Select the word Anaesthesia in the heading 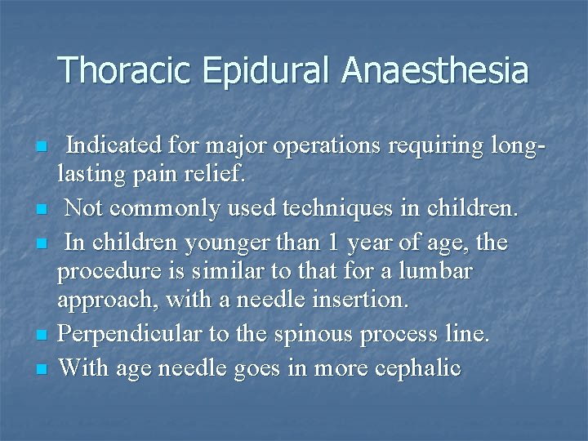(435, 70)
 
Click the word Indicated (114, 145)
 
